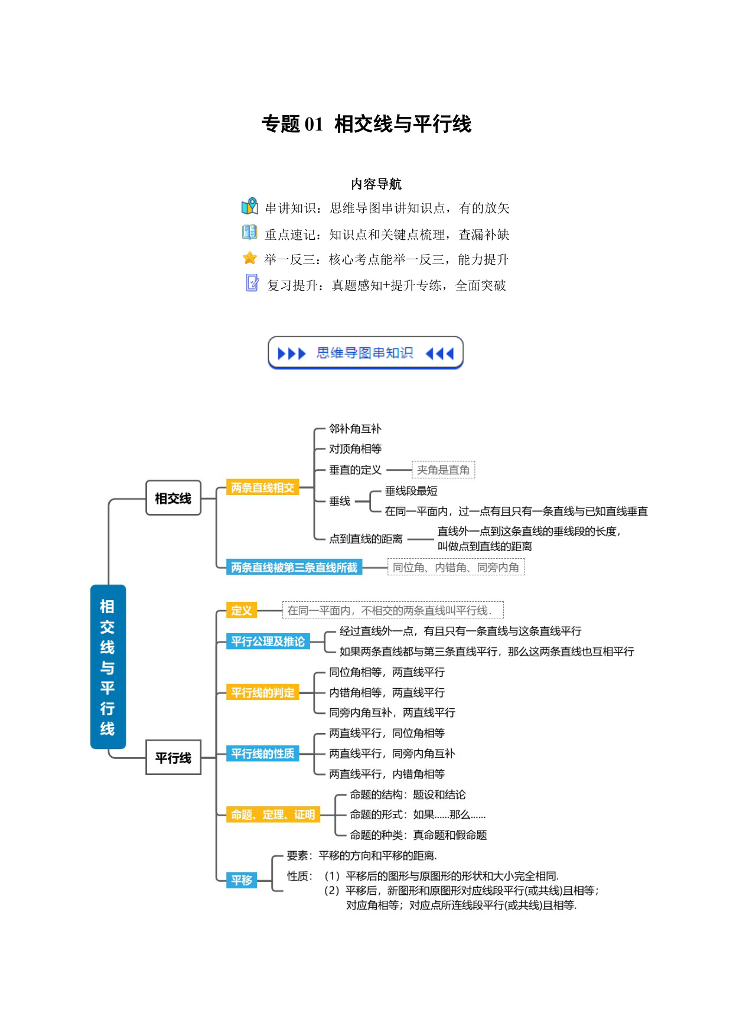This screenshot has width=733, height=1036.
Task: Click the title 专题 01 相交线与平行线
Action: coord(366,124)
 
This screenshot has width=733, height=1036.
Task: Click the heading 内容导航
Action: coord(376,184)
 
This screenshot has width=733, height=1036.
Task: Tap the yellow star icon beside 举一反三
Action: coord(250,258)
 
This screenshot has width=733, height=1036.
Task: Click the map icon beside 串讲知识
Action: coord(250,206)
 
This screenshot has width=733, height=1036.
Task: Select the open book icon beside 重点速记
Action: coord(250,232)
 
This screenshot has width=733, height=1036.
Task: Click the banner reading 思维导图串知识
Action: coord(366,353)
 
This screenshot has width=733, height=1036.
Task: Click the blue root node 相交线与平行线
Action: coord(108,667)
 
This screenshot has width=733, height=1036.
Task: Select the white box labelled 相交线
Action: coord(173,498)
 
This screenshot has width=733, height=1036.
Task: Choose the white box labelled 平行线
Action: coord(173,757)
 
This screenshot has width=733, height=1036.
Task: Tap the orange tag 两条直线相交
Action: coord(263,488)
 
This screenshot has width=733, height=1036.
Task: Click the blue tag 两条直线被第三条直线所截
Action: coord(294,568)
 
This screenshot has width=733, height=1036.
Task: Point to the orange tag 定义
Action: coord(242,611)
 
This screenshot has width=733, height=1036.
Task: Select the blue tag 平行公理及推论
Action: coord(268,641)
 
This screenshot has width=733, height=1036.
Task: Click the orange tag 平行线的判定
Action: coord(263,693)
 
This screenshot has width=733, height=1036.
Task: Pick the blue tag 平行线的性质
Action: coord(263,754)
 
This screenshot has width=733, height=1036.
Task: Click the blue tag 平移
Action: coord(242,880)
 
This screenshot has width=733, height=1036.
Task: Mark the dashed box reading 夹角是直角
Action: coord(444,470)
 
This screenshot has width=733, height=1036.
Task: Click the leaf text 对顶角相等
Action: coord(356,449)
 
